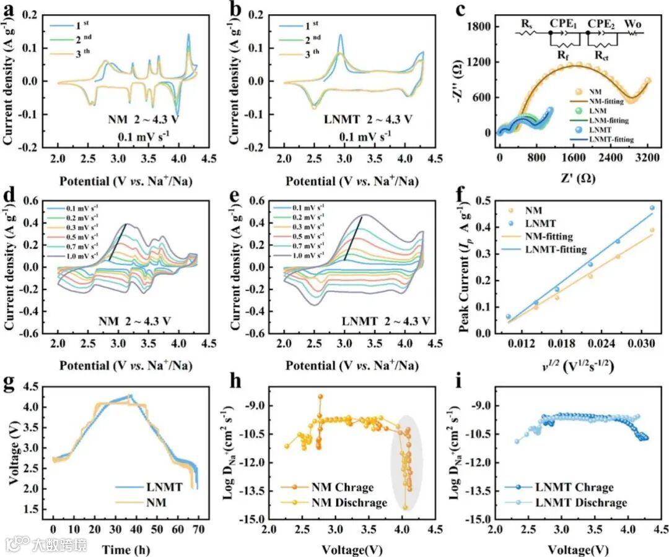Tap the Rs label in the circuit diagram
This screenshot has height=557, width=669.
[526, 23]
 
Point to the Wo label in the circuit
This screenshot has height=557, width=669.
[632, 23]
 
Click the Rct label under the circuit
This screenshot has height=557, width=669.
[601, 56]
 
